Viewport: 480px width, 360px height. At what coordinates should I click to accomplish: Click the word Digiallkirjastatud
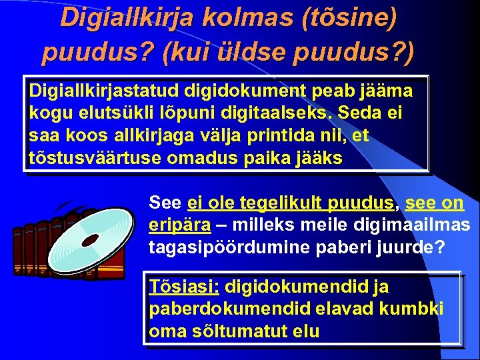coord(105,90)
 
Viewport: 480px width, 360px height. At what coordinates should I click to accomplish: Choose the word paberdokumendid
coord(209,309)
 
